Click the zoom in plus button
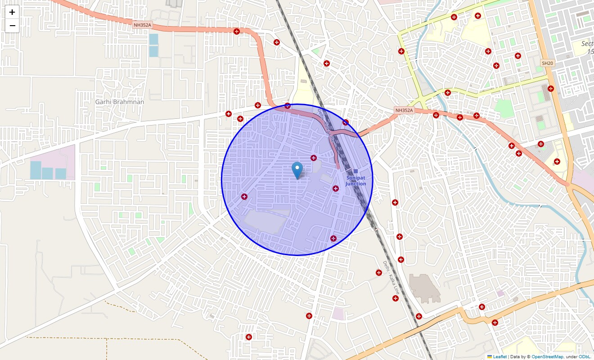tap(12, 12)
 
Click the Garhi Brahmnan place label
tap(120, 102)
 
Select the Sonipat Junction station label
tap(356, 181)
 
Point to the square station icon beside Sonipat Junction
tap(355, 171)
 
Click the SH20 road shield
tap(547, 63)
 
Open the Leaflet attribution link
tap(499, 357)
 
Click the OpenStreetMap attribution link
tap(547, 357)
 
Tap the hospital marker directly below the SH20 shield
tap(550, 88)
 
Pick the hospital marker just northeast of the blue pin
tap(314, 158)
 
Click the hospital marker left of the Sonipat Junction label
tap(335, 189)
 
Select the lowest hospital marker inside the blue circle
tap(333, 238)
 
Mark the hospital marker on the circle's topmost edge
tap(288, 106)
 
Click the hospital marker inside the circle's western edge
tap(244, 197)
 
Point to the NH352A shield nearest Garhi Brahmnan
tap(142, 25)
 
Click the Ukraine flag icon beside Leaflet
tap(490, 357)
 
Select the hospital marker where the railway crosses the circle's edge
tap(346, 122)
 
